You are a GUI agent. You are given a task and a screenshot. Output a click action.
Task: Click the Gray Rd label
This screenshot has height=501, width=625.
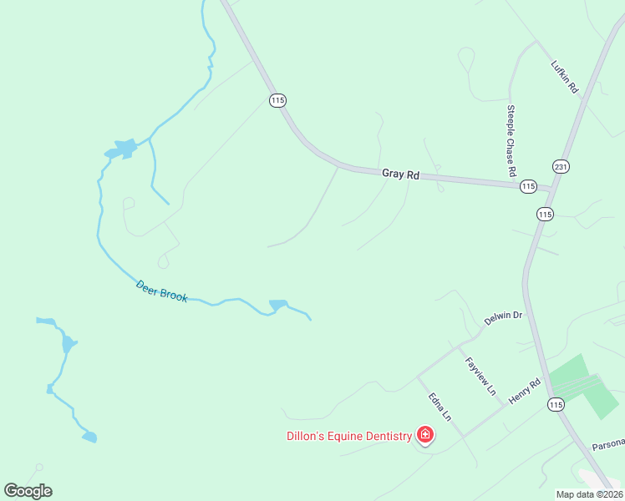pos(400,175)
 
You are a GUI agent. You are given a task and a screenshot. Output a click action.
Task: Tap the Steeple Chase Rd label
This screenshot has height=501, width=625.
pos(511,140)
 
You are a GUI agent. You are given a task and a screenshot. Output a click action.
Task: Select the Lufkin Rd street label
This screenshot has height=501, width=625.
pos(565,76)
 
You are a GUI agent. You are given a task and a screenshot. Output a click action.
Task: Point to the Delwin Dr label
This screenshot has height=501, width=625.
pos(503,318)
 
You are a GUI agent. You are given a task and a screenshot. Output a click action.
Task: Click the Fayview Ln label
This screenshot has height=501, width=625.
pos(480,376)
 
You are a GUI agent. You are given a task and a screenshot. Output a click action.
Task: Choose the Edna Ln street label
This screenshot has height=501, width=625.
pos(440,407)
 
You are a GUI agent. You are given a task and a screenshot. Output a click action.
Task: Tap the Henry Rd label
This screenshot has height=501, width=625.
pos(526,391)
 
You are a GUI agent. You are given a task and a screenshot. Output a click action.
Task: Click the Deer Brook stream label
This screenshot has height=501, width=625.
pos(162,291)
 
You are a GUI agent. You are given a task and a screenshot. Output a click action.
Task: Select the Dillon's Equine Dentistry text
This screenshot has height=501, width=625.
pos(349,436)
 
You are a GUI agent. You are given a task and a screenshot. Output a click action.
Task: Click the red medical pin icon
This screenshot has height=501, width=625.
pos(425,434)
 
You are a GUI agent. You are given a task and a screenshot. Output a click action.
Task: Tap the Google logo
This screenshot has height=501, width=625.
pos(28,491)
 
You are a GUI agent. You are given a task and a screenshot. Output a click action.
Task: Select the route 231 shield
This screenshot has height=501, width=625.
pos(561,167)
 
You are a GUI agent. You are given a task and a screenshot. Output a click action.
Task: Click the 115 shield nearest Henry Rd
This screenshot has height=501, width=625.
pos(556,404)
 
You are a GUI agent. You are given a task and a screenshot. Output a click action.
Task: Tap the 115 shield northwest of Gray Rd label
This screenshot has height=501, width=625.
pos(277,100)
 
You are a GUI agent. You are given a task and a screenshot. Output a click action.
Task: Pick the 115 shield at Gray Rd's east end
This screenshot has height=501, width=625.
pos(528,185)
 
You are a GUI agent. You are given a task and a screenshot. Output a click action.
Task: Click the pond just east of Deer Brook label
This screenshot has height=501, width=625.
pos(277,305)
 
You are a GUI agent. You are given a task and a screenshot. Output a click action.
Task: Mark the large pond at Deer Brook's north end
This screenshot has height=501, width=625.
pos(121,149)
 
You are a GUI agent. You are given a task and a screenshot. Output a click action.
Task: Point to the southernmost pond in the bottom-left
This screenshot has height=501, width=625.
pos(89,437)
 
